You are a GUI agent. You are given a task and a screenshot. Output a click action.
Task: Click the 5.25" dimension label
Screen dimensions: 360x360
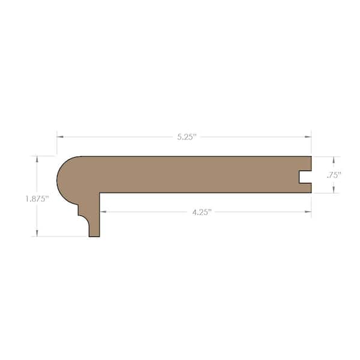187,137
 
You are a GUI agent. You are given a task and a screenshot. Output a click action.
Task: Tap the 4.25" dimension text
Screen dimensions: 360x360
202,212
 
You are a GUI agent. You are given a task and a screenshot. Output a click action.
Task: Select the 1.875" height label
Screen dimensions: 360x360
37,199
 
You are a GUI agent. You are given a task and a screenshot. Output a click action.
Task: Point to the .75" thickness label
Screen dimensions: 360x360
334,175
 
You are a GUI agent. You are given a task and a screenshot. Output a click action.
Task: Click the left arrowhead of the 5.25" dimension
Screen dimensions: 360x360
60,137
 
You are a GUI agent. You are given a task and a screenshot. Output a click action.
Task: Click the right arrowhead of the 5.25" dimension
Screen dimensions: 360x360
308,137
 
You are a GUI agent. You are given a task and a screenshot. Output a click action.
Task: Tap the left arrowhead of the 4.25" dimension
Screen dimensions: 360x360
103,212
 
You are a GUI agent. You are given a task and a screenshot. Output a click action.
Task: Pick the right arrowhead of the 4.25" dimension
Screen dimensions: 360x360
308,212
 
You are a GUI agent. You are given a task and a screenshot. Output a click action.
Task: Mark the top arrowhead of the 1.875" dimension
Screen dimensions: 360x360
37,160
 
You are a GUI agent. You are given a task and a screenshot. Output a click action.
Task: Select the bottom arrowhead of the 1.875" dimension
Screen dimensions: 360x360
37,233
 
